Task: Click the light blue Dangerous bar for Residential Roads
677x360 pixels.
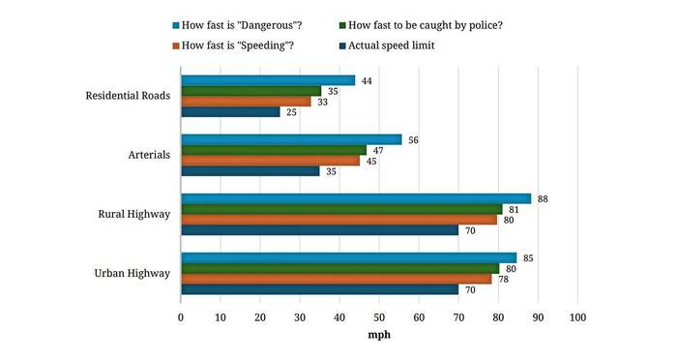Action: coord(268,80)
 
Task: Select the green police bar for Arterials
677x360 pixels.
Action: coord(274,150)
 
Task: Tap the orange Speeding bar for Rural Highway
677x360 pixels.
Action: coord(339,220)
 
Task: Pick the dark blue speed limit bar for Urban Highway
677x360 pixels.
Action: coord(320,289)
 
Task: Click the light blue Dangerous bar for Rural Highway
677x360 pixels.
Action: coord(356,198)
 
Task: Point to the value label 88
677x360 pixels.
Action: coord(543,199)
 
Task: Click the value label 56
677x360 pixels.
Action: coord(413,140)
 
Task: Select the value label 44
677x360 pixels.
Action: coord(367,81)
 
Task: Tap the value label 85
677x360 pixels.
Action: coord(528,258)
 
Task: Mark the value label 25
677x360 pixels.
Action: coord(291,112)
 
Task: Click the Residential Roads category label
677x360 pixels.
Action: coord(128,96)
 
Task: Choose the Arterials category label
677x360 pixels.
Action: coord(149,155)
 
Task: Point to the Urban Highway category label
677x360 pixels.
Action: coord(132,273)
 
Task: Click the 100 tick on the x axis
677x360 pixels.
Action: coord(577,317)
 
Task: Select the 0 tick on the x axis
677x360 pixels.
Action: coord(181,317)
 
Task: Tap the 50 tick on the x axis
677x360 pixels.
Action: coord(379,317)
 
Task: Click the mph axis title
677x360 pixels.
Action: coord(379,335)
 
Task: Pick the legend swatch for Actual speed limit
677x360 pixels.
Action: coord(342,45)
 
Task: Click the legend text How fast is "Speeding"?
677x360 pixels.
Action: coord(238,45)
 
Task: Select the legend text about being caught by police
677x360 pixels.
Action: coord(426,25)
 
